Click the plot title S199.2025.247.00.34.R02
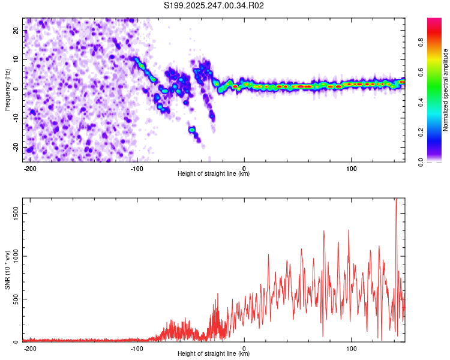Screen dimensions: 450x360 coord(214,5)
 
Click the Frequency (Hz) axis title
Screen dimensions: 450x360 coord(7,90)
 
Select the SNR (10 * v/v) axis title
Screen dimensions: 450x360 coord(7,270)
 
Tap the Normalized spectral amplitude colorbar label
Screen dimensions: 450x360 coord(445,90)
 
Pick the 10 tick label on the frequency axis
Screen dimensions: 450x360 coord(16,59)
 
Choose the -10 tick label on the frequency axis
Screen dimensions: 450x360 coord(16,118)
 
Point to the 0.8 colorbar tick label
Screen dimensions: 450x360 coord(421,42)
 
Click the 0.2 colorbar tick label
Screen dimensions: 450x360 coord(421,133)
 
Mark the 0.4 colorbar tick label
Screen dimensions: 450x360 coord(421,102)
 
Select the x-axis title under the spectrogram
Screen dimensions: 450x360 coord(214,173)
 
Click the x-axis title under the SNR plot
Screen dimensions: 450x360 coord(214,353)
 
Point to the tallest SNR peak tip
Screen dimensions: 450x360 coord(396,199)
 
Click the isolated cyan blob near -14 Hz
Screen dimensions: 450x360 coord(192,130)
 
